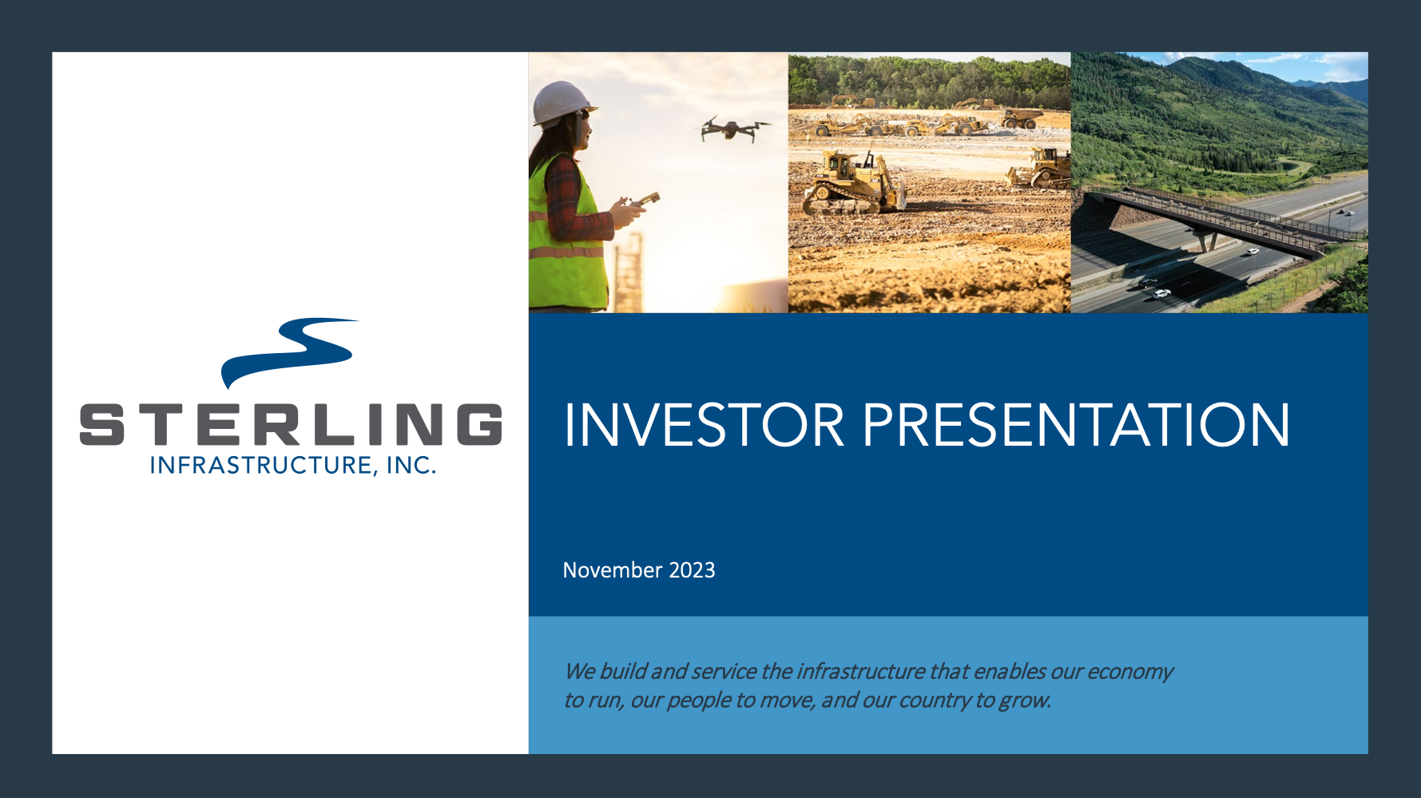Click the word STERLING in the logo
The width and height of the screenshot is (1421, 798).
click(x=291, y=424)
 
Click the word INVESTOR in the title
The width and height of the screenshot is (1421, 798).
click(x=704, y=425)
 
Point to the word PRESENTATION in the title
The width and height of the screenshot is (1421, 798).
click(x=1076, y=425)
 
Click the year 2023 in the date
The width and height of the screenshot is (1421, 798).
click(x=692, y=570)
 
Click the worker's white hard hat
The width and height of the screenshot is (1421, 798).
click(x=562, y=103)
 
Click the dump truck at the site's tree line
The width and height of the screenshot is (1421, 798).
click(x=1020, y=119)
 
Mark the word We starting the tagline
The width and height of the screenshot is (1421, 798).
click(x=579, y=672)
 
